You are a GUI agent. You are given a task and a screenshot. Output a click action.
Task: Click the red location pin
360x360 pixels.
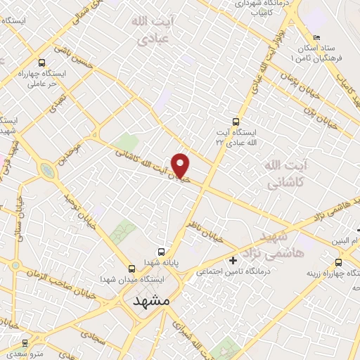click(181, 165)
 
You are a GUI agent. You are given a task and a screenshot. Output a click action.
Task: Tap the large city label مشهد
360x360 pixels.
click(151, 300)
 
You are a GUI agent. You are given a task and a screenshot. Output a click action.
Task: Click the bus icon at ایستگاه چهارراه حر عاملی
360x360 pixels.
click(43, 63)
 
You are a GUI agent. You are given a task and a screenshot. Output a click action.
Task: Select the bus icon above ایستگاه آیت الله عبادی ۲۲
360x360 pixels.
click(236, 120)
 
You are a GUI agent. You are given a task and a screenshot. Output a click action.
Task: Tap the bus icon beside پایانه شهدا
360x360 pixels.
click(162, 252)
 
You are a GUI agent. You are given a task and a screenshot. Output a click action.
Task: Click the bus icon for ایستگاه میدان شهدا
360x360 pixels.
click(131, 268)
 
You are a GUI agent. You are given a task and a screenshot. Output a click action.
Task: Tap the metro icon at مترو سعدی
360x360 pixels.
click(26, 343)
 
